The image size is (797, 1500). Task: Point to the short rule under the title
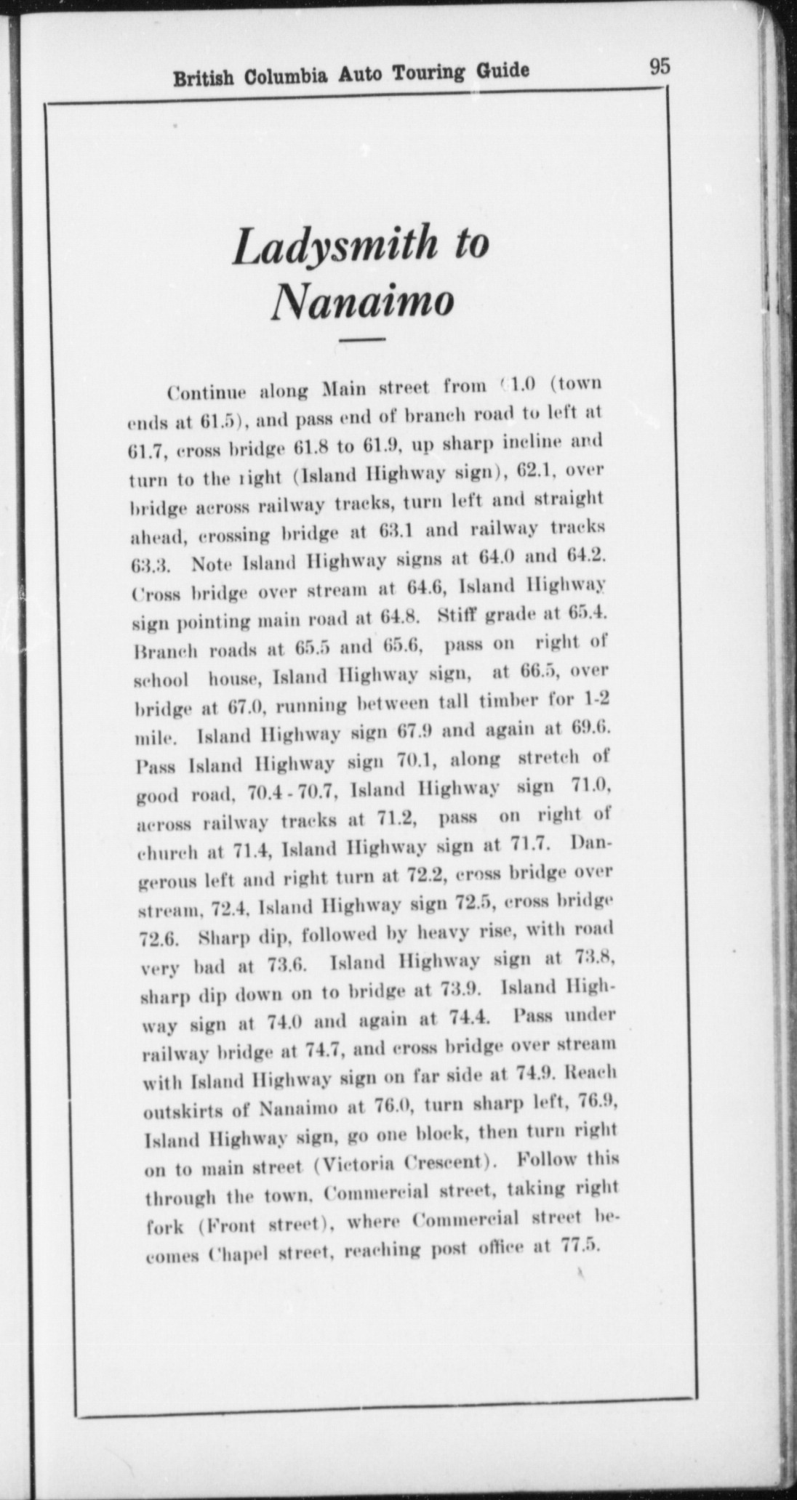click(362, 339)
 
